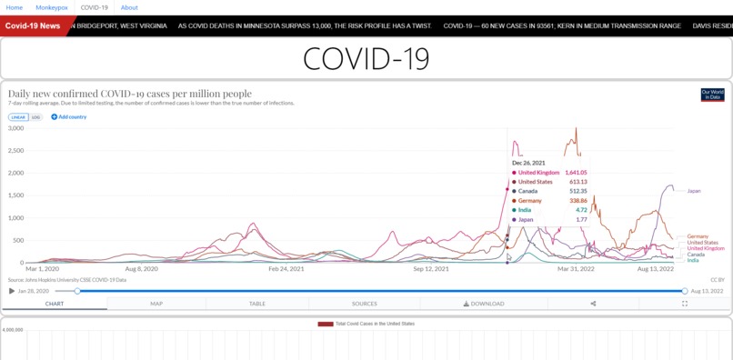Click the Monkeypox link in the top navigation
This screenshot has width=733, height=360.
pyautogui.click(x=52, y=7)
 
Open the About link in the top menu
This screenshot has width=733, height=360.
pyautogui.click(x=129, y=7)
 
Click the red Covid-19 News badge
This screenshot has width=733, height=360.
pyautogui.click(x=33, y=25)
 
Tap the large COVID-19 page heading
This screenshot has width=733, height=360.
pyautogui.click(x=366, y=59)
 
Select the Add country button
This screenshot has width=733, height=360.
pyautogui.click(x=69, y=117)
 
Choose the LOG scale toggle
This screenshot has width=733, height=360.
pyautogui.click(x=36, y=117)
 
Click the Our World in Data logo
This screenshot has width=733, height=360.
pyautogui.click(x=712, y=95)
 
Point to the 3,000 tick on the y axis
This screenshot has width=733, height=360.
pyautogui.click(x=16, y=128)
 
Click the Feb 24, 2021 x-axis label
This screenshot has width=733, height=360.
pyautogui.click(x=286, y=269)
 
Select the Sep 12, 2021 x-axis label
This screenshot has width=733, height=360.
pyautogui.click(x=431, y=269)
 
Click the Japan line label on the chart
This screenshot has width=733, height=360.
pyautogui.click(x=694, y=191)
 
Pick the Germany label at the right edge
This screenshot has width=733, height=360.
pyautogui.click(x=698, y=236)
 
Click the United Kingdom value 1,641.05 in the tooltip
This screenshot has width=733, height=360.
pyautogui.click(x=576, y=173)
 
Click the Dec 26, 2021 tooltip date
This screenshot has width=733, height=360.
pyautogui.click(x=528, y=163)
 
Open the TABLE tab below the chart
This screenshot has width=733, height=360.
pyautogui.click(x=257, y=304)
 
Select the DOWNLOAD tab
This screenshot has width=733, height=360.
pyautogui.click(x=484, y=304)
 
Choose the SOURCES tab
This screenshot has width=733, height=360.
pyautogui.click(x=364, y=304)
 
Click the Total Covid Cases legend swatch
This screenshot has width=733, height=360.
pyautogui.click(x=325, y=324)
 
